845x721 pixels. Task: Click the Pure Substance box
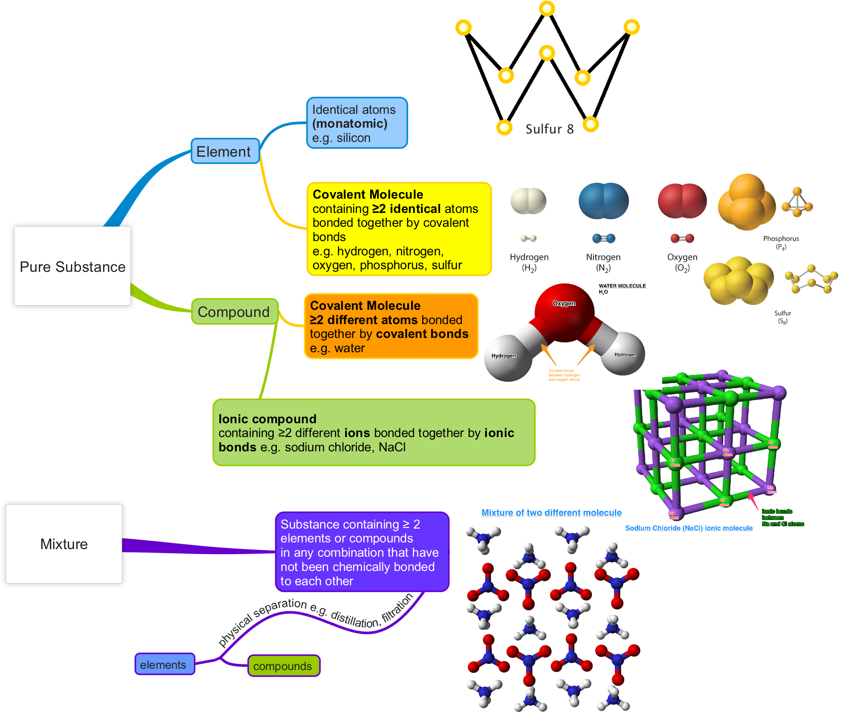(x=72, y=266)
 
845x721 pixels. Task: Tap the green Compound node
(x=234, y=312)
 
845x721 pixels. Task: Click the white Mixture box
(x=64, y=544)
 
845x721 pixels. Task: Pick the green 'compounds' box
(x=283, y=666)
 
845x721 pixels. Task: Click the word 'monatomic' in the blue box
(x=350, y=124)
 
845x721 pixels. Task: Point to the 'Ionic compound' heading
(x=268, y=419)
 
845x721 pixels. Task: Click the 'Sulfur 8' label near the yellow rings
(x=549, y=129)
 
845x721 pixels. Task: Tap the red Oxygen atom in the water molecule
(x=564, y=311)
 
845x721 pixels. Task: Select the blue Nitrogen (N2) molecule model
(x=603, y=201)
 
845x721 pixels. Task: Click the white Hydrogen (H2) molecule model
(x=528, y=201)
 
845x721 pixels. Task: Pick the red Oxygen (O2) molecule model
(x=682, y=201)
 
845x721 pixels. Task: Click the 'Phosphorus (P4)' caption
(x=781, y=242)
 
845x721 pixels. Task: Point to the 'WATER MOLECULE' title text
(x=622, y=286)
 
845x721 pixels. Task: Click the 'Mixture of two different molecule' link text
(x=551, y=513)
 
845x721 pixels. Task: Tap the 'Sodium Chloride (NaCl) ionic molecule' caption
(x=688, y=528)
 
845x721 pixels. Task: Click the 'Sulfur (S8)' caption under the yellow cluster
(x=783, y=317)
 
